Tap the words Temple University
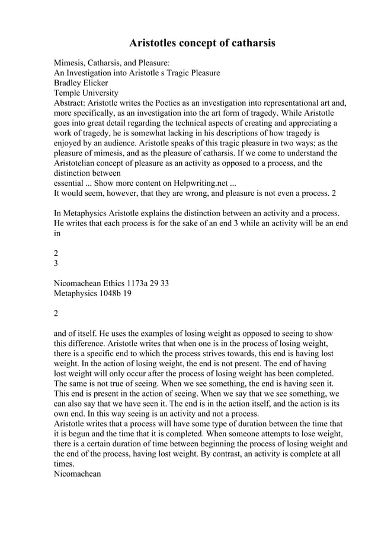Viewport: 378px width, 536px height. [86, 93]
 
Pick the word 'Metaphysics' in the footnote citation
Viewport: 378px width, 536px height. [78, 293]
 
